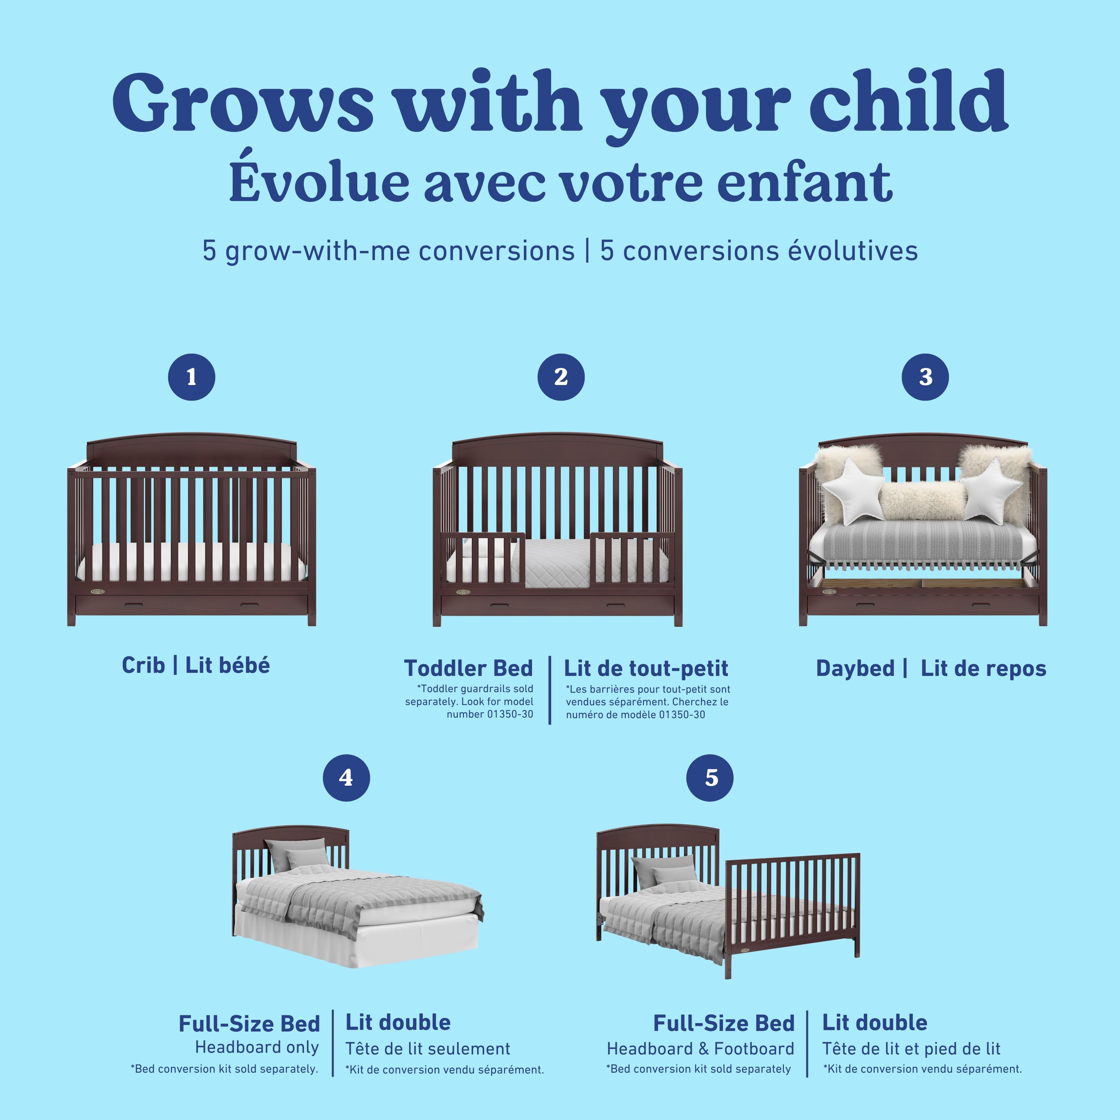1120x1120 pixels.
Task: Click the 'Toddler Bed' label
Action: coord(468,668)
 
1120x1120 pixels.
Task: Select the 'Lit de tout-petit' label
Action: coord(646,668)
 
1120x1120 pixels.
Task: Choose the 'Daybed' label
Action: coord(855,668)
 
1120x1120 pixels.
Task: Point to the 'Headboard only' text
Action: coord(257,1047)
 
